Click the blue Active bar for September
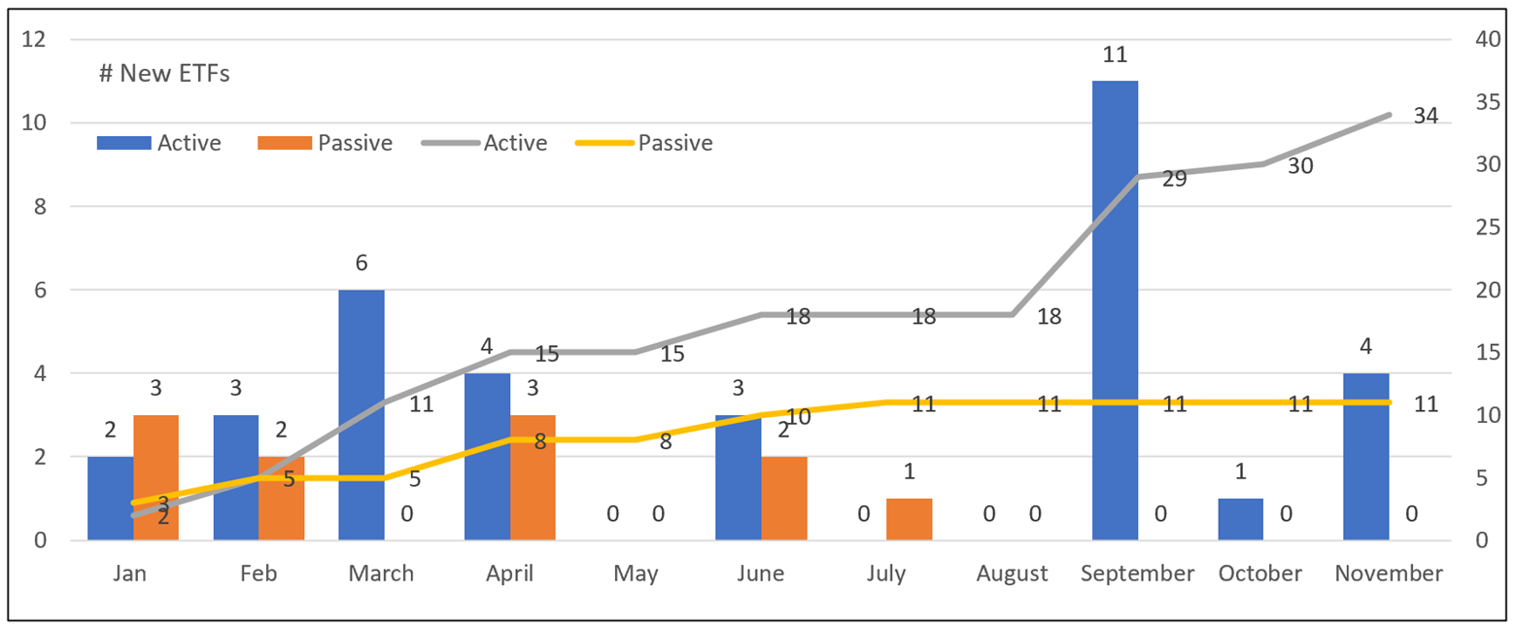tap(1115, 310)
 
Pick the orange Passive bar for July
tap(909, 519)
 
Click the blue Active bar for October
tap(1240, 519)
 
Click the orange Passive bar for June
tap(783, 498)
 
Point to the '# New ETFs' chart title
tap(164, 73)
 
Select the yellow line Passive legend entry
tap(643, 143)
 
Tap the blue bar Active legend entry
tap(159, 143)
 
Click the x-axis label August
tap(1013, 574)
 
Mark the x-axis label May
tap(636, 574)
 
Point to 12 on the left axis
tap(37, 40)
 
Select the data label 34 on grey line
tap(1425, 116)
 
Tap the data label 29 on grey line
tap(1174, 180)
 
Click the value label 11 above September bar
tap(1114, 54)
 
